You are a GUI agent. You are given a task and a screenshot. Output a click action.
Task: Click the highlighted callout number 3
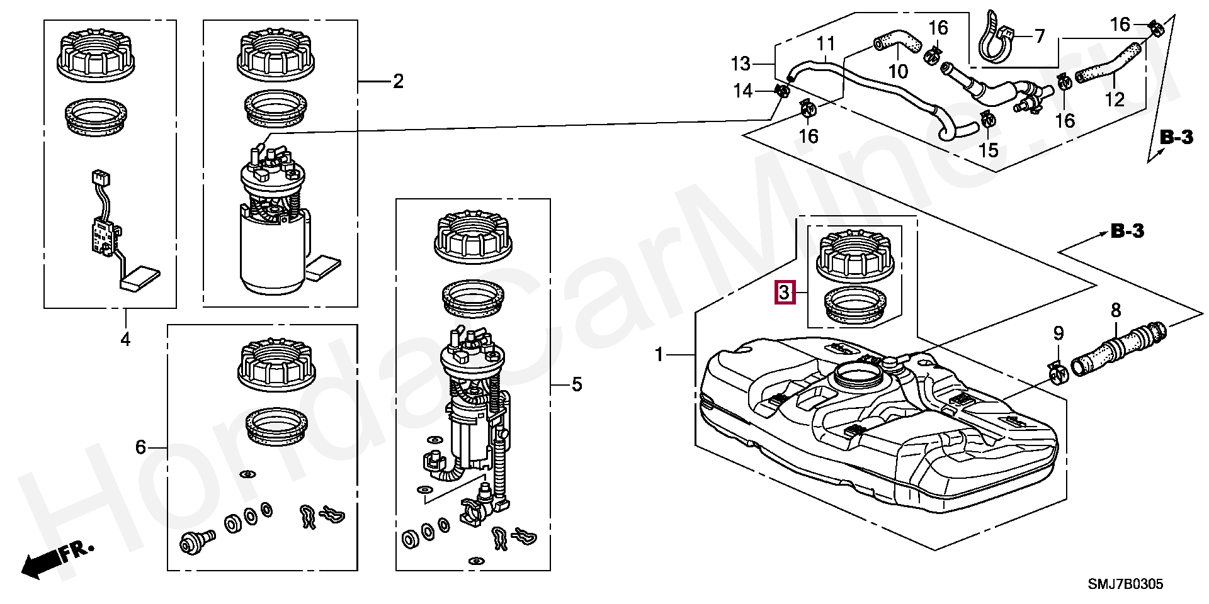click(x=784, y=293)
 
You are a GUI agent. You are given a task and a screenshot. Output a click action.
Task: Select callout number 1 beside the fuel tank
click(x=659, y=355)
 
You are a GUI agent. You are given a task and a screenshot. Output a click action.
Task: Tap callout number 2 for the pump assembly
click(x=397, y=82)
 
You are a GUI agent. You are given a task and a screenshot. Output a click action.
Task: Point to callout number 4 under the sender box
click(x=125, y=340)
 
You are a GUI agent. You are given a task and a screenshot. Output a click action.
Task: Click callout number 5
click(x=577, y=384)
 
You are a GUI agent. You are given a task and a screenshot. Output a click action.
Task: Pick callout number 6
click(x=140, y=447)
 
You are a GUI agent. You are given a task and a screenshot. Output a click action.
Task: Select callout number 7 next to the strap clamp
click(x=1039, y=36)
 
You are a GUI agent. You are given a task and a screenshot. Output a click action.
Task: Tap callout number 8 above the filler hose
click(x=1116, y=310)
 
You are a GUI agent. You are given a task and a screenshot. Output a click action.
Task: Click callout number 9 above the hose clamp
click(x=1059, y=333)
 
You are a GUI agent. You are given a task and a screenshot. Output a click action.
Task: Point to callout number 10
click(x=898, y=72)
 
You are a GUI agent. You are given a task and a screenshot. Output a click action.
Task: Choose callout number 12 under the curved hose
click(x=1115, y=100)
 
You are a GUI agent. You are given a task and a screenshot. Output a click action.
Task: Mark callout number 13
click(x=741, y=64)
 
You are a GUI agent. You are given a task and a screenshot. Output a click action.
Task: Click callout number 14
click(x=744, y=92)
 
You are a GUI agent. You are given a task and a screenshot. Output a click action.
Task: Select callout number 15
click(x=989, y=150)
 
